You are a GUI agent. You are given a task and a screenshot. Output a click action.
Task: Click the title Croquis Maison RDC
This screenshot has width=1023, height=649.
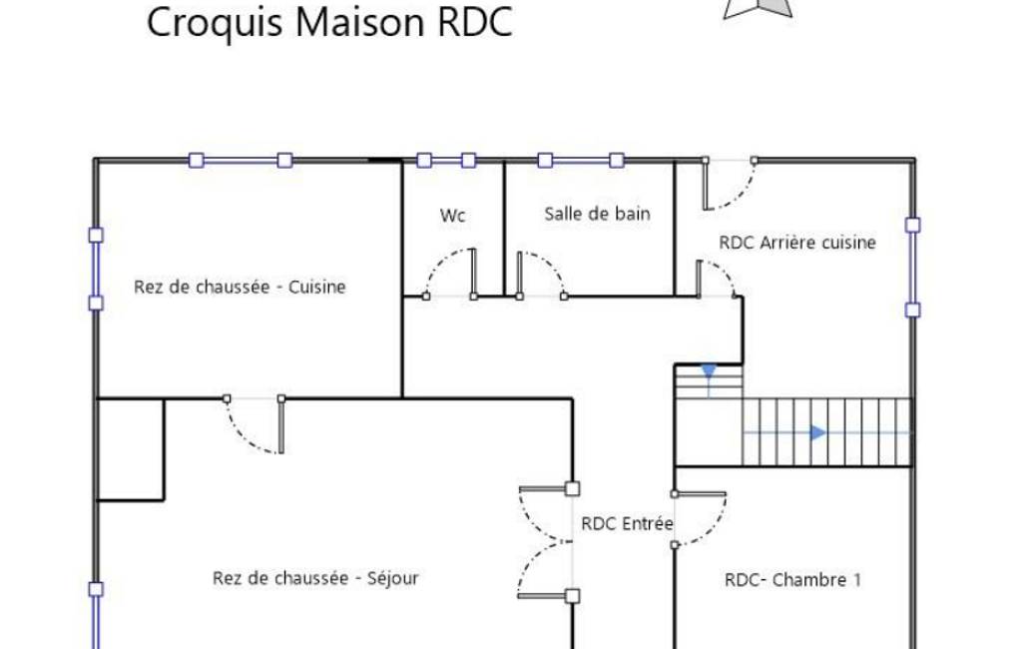click(x=329, y=23)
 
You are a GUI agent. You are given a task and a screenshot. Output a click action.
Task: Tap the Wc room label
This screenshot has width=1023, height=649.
click(x=453, y=216)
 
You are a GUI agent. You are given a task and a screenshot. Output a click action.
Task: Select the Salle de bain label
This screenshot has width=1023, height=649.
click(x=597, y=214)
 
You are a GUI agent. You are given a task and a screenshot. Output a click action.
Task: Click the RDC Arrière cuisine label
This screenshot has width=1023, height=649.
click(x=797, y=243)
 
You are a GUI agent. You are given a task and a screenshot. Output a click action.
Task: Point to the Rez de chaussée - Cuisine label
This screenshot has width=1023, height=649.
click(x=240, y=287)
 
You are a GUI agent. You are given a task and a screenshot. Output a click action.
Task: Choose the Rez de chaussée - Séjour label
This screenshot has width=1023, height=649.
click(x=315, y=578)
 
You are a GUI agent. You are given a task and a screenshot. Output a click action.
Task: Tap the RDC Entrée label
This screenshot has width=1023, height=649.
click(x=627, y=523)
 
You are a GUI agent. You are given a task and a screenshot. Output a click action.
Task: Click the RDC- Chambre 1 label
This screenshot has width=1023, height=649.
click(x=792, y=580)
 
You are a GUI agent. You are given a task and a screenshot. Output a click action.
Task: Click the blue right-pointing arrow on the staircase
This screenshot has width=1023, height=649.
click(x=817, y=432)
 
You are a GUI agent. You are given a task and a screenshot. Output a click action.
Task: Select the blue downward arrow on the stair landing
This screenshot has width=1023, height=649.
click(x=709, y=372)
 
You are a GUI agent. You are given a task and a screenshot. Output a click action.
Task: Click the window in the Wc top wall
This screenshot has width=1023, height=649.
click(x=446, y=160)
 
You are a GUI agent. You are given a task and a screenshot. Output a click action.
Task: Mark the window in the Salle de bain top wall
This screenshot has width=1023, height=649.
click(x=581, y=160)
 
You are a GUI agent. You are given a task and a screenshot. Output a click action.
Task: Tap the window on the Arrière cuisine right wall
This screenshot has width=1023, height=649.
click(x=913, y=267)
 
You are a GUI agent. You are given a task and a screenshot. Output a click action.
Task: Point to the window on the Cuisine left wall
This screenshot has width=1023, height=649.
click(x=96, y=269)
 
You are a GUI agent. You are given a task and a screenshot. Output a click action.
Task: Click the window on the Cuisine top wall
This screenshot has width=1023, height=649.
click(x=241, y=160)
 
